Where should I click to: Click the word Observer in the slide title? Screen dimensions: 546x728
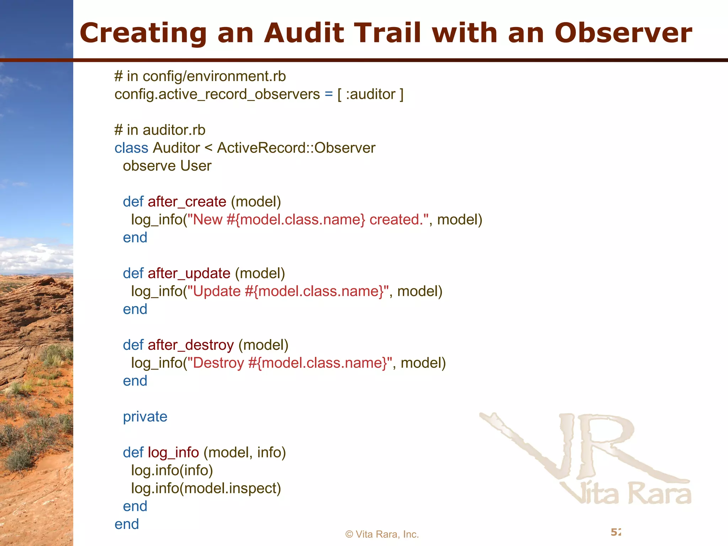[x=623, y=33]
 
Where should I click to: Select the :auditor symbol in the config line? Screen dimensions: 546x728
[x=370, y=94]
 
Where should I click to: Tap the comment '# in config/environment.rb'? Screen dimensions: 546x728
[x=200, y=76]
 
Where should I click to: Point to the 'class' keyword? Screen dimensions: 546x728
[x=131, y=148]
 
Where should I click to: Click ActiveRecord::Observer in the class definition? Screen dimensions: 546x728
[x=296, y=148]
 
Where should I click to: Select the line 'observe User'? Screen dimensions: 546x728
[x=167, y=166]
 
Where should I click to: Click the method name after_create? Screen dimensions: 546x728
[x=187, y=202]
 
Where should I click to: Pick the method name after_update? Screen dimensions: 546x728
[x=189, y=273]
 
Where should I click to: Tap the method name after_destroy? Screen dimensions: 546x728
[x=191, y=345]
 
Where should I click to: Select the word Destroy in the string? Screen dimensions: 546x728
[x=218, y=363]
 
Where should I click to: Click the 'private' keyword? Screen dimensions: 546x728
[x=145, y=417]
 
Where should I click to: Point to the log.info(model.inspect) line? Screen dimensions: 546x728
[x=206, y=488]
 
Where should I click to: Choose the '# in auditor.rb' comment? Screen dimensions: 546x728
[x=160, y=130]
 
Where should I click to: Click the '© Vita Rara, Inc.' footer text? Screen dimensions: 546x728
[x=382, y=534]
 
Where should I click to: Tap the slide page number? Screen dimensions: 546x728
[x=616, y=532]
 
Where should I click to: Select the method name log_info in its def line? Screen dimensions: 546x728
[x=173, y=453]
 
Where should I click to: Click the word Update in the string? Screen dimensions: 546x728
[x=217, y=291]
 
